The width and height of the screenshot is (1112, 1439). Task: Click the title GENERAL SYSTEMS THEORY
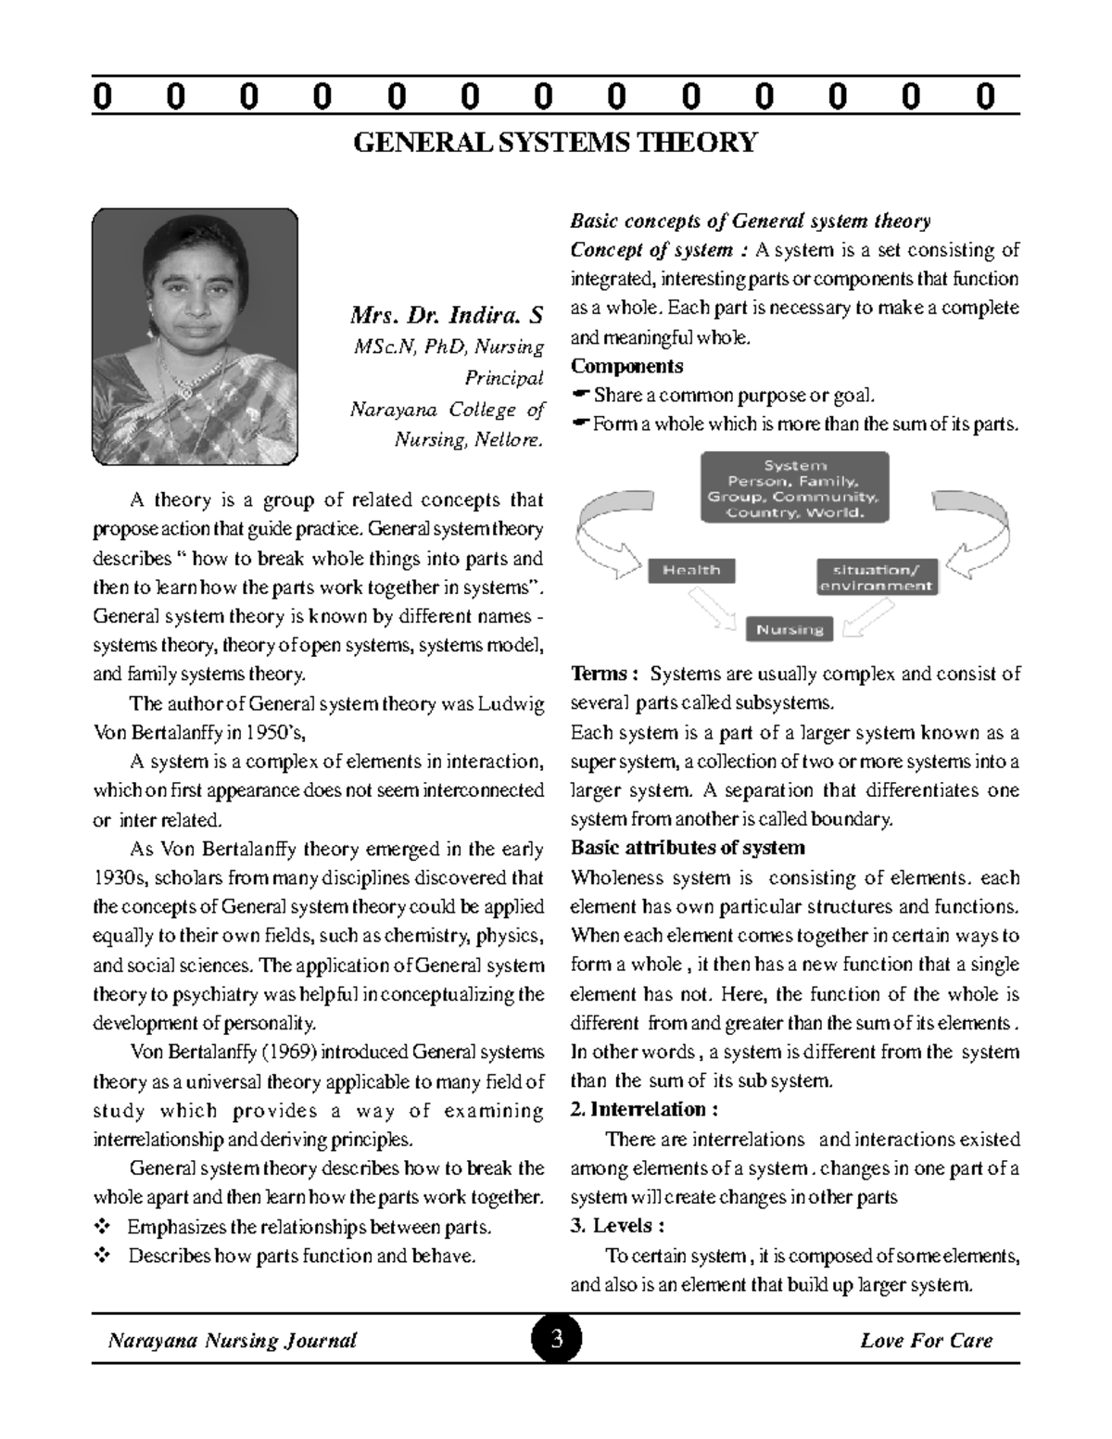click(x=556, y=143)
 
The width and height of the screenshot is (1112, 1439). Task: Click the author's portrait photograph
click(x=195, y=335)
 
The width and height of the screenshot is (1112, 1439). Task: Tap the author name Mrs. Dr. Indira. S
click(x=447, y=315)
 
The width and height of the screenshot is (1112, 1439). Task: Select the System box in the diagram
click(x=795, y=488)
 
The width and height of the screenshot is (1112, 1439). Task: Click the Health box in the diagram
click(x=691, y=571)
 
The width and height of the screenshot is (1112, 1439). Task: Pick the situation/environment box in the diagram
click(x=877, y=577)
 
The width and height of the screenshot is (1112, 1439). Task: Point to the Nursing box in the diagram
click(x=790, y=630)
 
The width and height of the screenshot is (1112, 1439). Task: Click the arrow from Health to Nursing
click(x=714, y=611)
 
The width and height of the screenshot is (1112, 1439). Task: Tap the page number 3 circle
click(x=556, y=1339)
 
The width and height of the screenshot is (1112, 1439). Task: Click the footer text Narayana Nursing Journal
click(x=233, y=1340)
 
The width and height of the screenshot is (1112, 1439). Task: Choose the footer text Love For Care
click(x=926, y=1340)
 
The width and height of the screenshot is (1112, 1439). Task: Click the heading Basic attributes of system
click(x=688, y=848)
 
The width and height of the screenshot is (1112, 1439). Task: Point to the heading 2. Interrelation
click(x=644, y=1110)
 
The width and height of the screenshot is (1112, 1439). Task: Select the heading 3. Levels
click(x=617, y=1226)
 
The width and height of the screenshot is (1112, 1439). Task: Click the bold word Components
click(x=626, y=366)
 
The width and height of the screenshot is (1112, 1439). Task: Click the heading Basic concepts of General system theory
click(x=750, y=221)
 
